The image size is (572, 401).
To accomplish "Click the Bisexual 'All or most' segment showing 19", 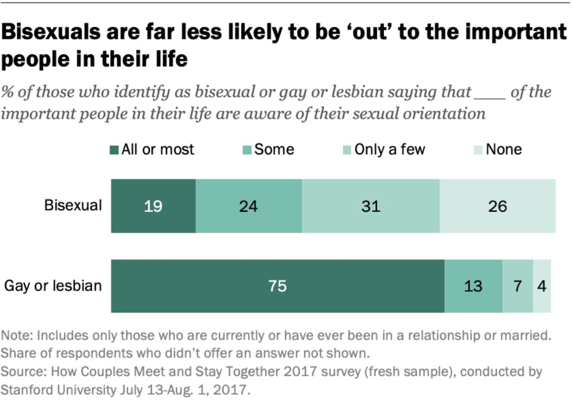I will (153, 206).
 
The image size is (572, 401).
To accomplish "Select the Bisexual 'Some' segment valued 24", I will (249, 206).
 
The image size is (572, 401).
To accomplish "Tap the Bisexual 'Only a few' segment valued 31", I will (371, 206).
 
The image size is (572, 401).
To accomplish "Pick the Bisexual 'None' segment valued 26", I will (498, 206).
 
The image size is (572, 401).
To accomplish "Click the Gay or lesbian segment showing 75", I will (277, 285).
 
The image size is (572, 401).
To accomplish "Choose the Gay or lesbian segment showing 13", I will (473, 285).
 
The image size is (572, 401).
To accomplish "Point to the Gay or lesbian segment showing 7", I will (518, 285).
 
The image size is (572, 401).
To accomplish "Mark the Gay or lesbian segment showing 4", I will (542, 285).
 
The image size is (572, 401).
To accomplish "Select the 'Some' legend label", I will (274, 150).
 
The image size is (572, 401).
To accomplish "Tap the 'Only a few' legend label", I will (390, 150).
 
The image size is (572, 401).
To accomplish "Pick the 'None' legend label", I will (503, 150).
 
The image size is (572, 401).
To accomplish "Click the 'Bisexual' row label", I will (73, 205).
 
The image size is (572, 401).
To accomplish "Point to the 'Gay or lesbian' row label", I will (53, 285).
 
